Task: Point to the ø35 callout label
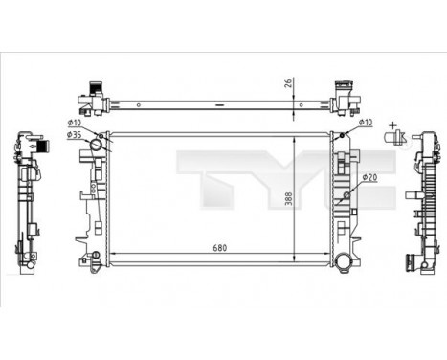click(74, 136)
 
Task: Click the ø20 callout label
click(369, 177)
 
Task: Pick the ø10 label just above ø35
click(74, 122)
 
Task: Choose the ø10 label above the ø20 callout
click(365, 122)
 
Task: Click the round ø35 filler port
click(98, 146)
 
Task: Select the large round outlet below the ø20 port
click(342, 261)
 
